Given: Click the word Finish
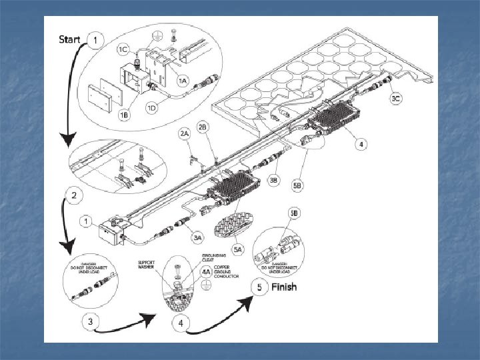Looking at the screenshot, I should click(283, 287).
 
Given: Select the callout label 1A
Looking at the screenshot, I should click(182, 79).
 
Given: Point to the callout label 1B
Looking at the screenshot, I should click(125, 115).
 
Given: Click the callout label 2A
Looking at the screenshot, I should click(185, 133).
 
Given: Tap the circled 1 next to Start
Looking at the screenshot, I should click(97, 41).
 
